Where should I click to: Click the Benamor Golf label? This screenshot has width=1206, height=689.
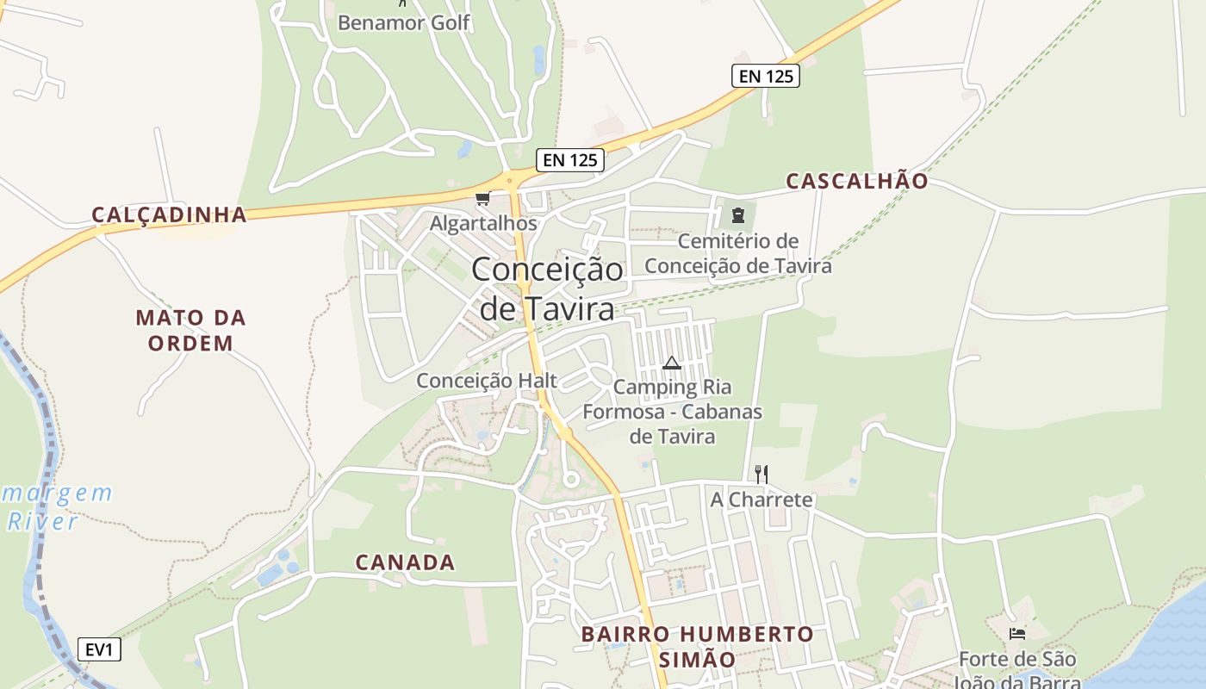[404, 22]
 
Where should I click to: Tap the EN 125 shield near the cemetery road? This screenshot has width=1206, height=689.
[766, 76]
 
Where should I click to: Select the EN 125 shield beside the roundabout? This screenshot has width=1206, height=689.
[570, 159]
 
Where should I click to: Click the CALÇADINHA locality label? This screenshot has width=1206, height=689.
[170, 214]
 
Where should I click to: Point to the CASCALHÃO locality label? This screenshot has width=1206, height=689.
[857, 181]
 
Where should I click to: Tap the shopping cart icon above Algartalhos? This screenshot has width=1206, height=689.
[482, 199]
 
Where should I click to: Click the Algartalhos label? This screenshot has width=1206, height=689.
[483, 223]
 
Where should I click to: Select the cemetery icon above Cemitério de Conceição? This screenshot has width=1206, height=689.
[737, 214]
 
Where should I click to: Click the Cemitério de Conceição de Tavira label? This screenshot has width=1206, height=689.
[738, 253]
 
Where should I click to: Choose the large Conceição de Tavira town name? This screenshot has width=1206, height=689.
[547, 289]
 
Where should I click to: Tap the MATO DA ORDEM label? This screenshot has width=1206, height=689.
[190, 330]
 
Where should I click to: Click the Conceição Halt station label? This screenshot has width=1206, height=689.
[487, 381]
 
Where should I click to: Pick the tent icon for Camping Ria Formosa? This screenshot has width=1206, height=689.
[672, 363]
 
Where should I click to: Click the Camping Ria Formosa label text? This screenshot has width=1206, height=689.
[672, 412]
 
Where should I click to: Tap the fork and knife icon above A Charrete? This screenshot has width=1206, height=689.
[761, 474]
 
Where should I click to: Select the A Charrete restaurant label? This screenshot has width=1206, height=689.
[762, 500]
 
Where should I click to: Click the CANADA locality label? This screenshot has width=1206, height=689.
[405, 562]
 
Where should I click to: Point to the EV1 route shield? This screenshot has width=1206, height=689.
[99, 649]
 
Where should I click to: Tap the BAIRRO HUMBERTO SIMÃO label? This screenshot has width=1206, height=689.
[697, 647]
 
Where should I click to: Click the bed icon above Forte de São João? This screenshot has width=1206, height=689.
[1017, 634]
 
